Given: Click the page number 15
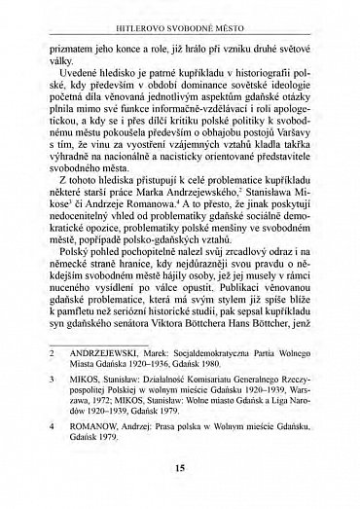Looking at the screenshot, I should pos(180,469).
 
